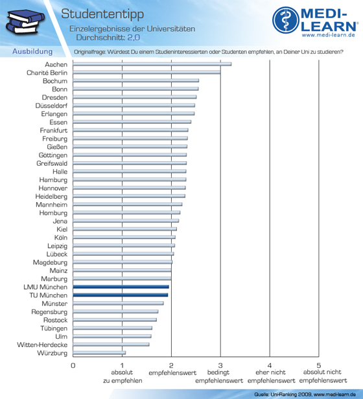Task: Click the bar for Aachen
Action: pos(152,64)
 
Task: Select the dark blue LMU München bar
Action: pos(121,287)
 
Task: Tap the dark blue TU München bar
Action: pos(120,295)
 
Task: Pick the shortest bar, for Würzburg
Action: pos(99,352)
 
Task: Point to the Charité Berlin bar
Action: pos(146,73)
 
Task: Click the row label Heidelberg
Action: pos(51,196)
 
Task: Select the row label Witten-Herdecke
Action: pos(42,345)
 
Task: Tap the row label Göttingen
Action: pos(53,155)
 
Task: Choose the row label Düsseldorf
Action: pos(51,106)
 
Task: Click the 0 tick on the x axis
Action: pos(73,366)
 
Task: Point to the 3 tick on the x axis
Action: pos(220,366)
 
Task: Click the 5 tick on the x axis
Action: pos(319,366)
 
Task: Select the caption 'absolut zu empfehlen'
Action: pos(123,376)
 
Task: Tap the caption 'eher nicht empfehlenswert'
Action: pos(271,376)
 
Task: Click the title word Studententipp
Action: pos(102,14)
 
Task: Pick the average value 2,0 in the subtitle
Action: pos(134,38)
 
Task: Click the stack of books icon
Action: pos(25,21)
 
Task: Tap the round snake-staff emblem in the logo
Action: pos(286,20)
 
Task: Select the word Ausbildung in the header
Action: pos(32,52)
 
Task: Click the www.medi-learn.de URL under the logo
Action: pos(328,35)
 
